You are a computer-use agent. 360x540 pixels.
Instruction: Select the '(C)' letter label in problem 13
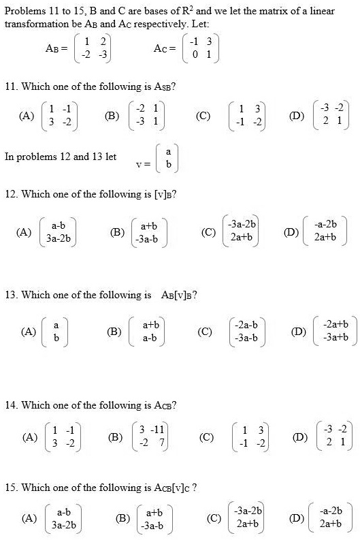click(x=203, y=332)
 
